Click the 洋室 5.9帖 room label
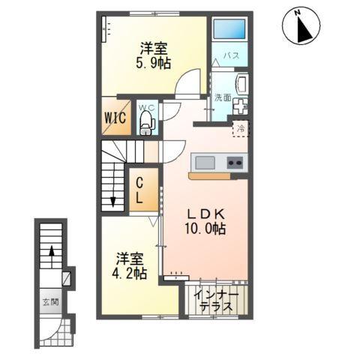tap(153, 55)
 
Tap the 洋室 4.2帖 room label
tap(129, 265)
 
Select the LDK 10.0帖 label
tap(205, 221)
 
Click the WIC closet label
tap(115, 118)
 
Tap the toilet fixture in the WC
tap(148, 123)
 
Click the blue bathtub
tap(229, 28)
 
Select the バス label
tap(231, 55)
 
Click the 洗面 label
tap(223, 97)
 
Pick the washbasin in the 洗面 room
tap(241, 84)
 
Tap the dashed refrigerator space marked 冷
tap(241, 129)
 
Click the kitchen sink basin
tap(205, 163)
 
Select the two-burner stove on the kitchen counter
tap(235, 163)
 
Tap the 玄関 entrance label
tap(50, 301)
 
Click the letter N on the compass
tap(297, 13)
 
